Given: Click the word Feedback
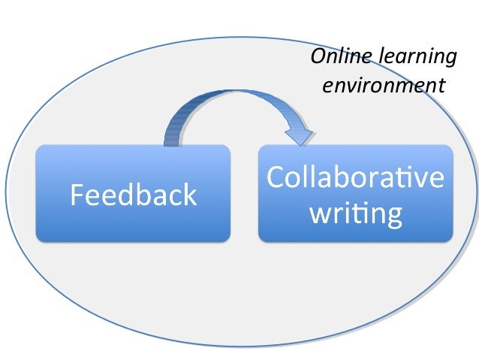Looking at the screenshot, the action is click(133, 195).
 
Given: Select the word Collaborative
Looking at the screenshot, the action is click(355, 178).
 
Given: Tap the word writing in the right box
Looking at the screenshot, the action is click(355, 214).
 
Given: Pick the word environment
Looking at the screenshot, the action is click(383, 85).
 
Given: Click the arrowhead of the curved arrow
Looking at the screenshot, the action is click(300, 137).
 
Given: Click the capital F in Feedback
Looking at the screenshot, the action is click(77, 195).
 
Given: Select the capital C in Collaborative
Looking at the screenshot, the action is click(276, 178).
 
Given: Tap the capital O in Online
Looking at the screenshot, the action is click(319, 57).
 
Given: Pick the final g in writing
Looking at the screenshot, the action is click(392, 216).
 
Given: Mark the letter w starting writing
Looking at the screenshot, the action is click(318, 215).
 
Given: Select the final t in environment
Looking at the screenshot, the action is click(441, 86).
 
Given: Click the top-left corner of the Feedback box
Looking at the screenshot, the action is click(38, 147).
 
